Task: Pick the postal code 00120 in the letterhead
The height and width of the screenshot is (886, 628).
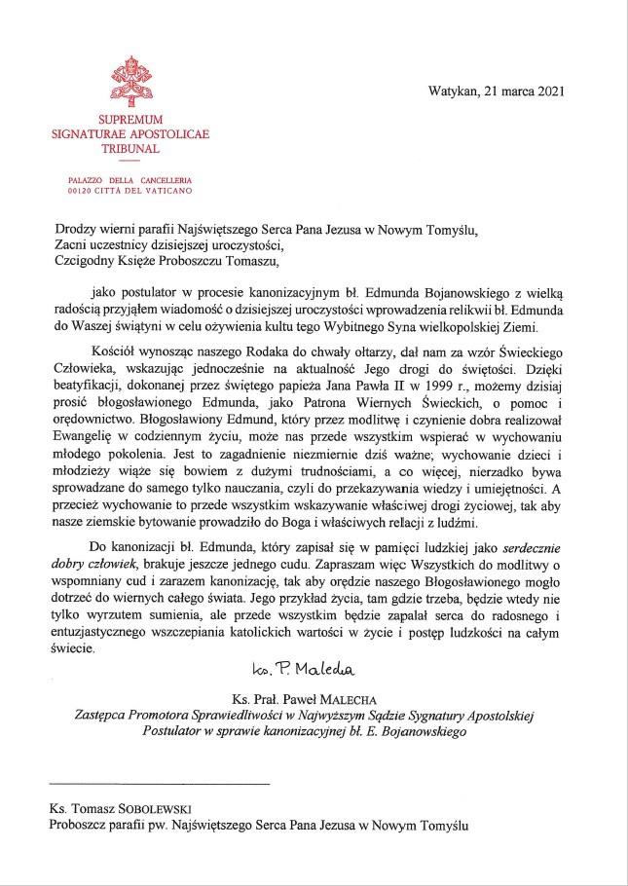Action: tap(80, 192)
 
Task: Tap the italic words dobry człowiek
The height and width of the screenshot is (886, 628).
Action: tap(98, 565)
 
